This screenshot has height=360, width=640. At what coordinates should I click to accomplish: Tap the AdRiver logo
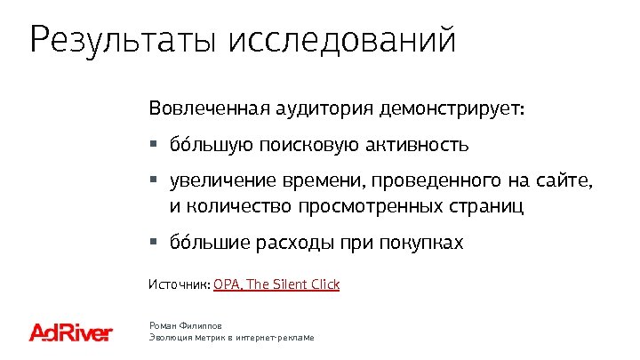(x=71, y=332)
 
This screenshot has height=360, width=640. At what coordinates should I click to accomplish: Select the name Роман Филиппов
(x=186, y=326)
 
